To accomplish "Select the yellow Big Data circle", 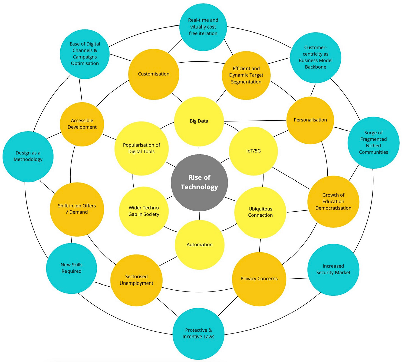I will (199, 121).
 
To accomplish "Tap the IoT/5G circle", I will (253, 151).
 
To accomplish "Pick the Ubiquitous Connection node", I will (260, 212).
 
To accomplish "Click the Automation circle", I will (199, 245).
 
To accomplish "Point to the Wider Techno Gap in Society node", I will (144, 211).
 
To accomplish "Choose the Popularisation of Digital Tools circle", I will (141, 148).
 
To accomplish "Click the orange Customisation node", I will (153, 74).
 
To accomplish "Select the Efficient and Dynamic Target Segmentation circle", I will (246, 75).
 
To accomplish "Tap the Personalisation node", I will (310, 120).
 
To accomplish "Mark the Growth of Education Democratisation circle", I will (333, 201).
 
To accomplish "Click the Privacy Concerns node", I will (259, 278).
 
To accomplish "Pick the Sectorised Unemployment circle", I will (136, 280).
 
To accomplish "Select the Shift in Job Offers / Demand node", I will (77, 209).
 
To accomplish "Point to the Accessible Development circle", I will (82, 124).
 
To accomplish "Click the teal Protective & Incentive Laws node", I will (198, 333).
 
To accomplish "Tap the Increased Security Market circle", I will (333, 269).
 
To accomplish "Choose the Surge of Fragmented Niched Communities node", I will (373, 142).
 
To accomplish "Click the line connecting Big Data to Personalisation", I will (255, 121).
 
